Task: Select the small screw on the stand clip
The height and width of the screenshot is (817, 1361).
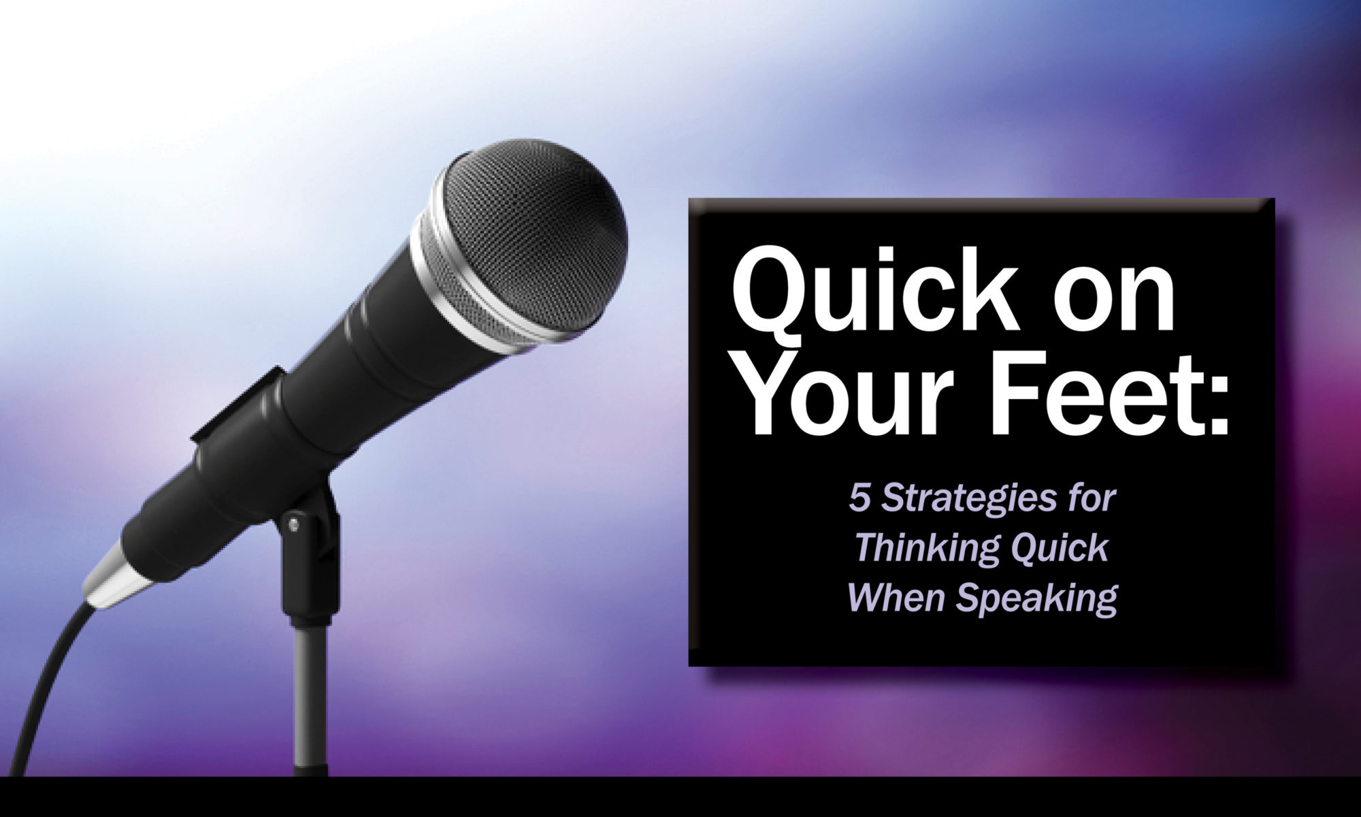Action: pos(293,524)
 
